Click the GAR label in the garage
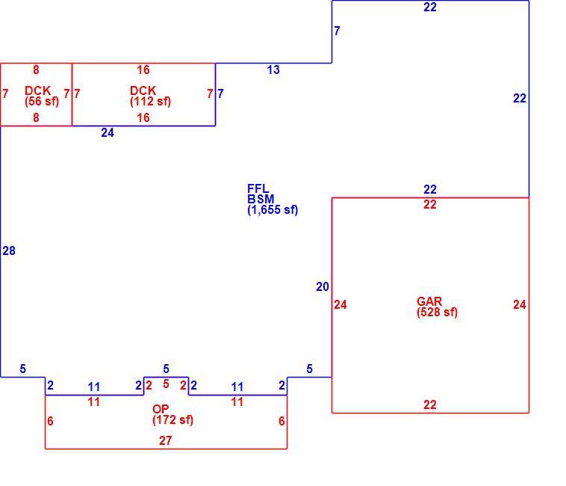coord(429,301)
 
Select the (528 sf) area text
coord(437,313)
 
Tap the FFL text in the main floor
coord(258,188)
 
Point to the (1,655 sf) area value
coord(273,209)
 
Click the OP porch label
coord(161,409)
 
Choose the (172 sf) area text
coord(173,420)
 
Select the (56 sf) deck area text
coord(42,101)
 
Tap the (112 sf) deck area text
coord(150,101)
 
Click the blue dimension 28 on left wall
coord(9,250)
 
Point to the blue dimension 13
coord(273,70)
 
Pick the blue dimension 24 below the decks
coord(108,133)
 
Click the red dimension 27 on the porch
coord(165,441)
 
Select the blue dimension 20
coord(323,287)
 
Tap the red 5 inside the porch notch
coord(166,384)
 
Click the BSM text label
coord(261,199)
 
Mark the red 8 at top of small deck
coord(36,70)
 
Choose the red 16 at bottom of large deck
coord(143,118)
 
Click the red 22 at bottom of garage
coord(430,405)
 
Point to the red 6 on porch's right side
coord(282,421)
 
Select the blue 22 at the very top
coord(430,7)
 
